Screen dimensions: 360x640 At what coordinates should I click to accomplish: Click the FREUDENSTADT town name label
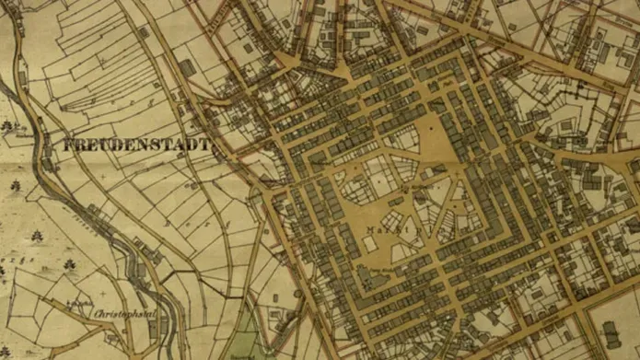click(x=136, y=145)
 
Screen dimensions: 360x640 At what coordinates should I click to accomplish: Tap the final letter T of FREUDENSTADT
click(x=206, y=145)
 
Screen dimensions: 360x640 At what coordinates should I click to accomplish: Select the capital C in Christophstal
click(x=98, y=313)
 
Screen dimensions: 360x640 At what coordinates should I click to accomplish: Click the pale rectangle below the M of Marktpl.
click(x=381, y=241)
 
